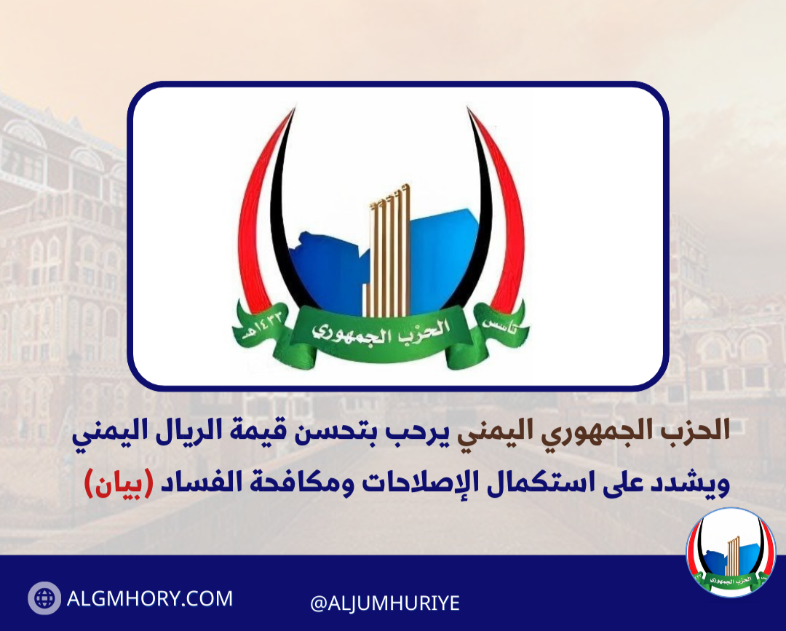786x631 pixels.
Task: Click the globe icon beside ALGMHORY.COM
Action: pos(44,598)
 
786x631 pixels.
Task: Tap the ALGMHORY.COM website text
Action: pos(150,598)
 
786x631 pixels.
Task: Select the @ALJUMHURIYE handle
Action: pos(385,603)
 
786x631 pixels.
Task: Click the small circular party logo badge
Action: pos(731,552)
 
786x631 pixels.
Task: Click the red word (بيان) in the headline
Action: pos(119,483)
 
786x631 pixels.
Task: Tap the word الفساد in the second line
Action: pos(192,482)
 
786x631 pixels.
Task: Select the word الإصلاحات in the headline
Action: pos(419,483)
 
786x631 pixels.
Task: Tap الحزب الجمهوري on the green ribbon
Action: pos(381,331)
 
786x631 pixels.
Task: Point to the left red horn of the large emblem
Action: pos(260,210)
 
